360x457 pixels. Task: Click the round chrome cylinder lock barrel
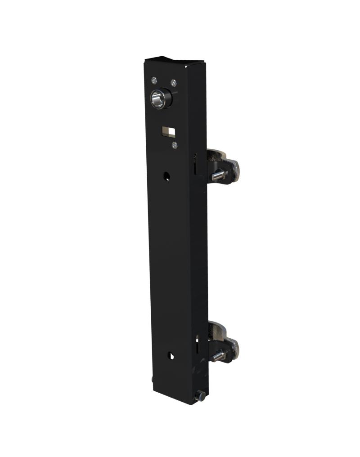(158, 99)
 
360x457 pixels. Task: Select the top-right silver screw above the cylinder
(173, 83)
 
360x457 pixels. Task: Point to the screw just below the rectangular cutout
(175, 145)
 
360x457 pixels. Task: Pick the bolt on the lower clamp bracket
(218, 356)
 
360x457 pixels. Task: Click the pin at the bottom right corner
(199, 396)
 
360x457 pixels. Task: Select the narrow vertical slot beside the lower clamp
(197, 345)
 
